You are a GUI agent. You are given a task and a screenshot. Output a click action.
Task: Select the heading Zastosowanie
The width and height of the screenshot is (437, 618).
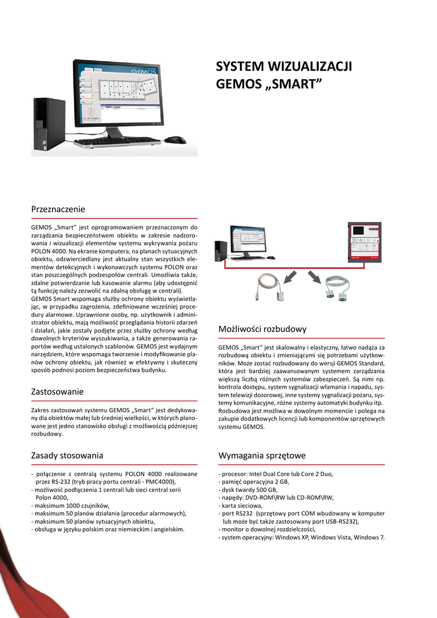point(57,392)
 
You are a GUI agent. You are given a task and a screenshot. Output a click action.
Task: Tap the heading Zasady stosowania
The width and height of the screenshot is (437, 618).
point(67,455)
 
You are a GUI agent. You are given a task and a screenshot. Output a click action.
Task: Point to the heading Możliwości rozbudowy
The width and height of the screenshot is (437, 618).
point(262,329)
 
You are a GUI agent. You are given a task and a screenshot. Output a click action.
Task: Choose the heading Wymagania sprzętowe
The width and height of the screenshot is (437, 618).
point(262,455)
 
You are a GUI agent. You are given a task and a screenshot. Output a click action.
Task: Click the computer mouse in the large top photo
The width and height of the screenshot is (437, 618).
point(175,140)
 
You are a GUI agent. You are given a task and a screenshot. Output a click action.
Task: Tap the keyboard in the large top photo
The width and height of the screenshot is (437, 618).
point(117,142)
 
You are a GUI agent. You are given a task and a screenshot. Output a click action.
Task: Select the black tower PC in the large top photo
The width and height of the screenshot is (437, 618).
point(49,124)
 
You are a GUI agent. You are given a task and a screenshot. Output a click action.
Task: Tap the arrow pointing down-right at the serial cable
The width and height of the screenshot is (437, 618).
point(315,276)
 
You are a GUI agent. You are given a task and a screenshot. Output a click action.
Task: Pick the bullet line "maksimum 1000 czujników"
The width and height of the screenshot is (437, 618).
point(71,506)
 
